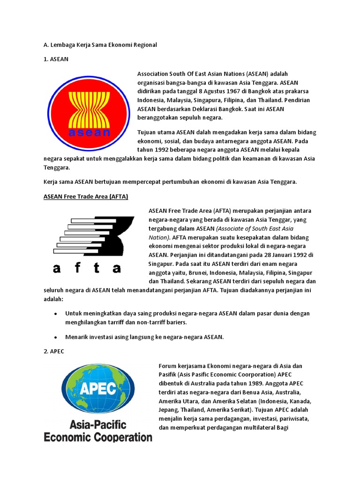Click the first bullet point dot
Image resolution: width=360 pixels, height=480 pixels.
tap(56, 313)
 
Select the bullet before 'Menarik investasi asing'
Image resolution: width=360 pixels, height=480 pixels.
tap(56, 337)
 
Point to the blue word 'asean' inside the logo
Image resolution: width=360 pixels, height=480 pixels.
tap(89, 133)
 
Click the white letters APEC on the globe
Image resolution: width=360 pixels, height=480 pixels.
tap(98, 389)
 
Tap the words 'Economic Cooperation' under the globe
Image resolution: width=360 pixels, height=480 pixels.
tap(98, 437)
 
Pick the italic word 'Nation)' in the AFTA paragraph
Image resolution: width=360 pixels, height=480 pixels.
tap(158, 237)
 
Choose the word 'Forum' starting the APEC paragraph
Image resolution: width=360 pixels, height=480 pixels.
tap(167, 366)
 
